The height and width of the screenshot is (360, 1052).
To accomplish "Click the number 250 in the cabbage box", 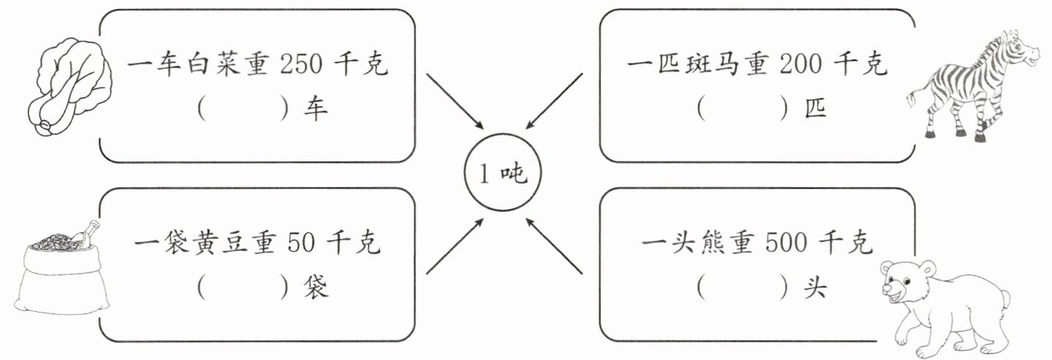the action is coord(301,64).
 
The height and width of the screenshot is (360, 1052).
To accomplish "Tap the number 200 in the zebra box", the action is coord(801,64).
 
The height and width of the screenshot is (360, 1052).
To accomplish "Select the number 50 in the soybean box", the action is coord(301,243).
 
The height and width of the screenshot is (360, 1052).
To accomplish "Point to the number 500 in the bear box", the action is coord(786,243).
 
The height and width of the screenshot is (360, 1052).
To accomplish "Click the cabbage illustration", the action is coord(69,88).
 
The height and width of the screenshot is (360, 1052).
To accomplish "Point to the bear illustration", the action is coord(944,308).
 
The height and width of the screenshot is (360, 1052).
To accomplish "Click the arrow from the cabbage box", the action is coord(455,101).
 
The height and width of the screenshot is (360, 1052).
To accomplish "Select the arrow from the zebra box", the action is coord(554,101).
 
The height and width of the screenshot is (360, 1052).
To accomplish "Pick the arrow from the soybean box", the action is coord(455,246).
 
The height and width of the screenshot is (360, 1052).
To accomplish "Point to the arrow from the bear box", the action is coord(554,246).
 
